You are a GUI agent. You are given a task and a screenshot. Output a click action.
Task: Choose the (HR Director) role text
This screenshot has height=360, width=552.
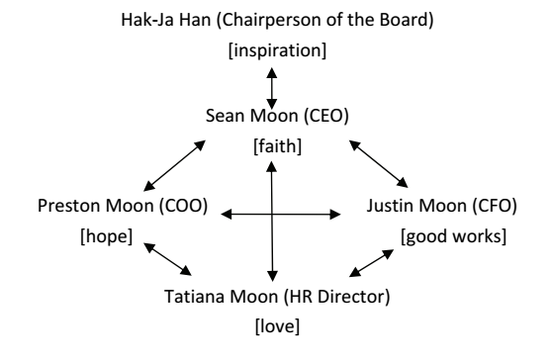click(324, 294)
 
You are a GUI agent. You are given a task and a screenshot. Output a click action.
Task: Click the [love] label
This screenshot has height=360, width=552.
click(271, 323)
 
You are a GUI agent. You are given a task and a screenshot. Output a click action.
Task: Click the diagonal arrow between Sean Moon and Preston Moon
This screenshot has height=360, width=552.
click(174, 164)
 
